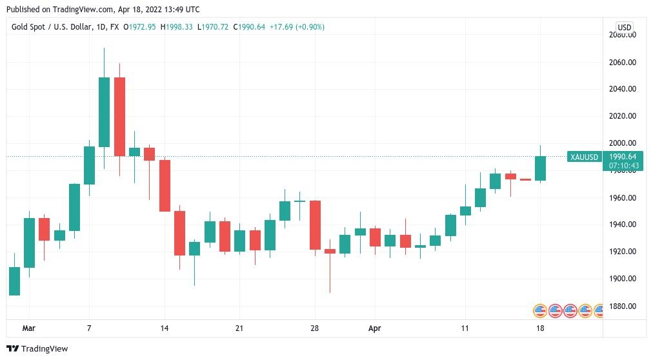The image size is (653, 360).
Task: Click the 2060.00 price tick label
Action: tap(622, 63)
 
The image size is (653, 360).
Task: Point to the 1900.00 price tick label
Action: tap(622, 279)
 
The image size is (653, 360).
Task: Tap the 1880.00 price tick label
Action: tap(622, 306)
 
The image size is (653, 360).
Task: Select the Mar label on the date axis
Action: tap(28, 328)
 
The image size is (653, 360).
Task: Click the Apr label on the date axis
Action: tap(375, 328)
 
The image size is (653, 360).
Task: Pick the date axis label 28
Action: tap(315, 328)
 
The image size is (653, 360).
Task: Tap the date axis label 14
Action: tap(165, 328)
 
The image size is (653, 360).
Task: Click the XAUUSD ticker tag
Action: tap(585, 157)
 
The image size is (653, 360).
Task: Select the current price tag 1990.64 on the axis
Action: tap(623, 157)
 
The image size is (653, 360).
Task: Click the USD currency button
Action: tap(624, 27)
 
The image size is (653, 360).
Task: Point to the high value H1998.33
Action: tap(177, 27)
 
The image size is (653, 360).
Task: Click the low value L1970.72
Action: tap(214, 27)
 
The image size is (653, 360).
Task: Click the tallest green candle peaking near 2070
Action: tap(104, 112)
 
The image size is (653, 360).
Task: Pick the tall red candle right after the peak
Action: tap(119, 116)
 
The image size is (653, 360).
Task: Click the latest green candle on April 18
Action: tap(540, 168)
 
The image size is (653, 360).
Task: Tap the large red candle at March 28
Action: tap(315, 225)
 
